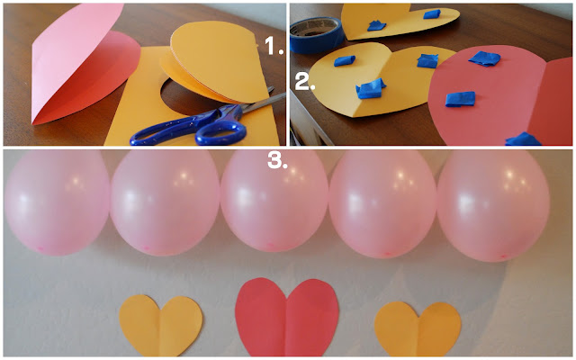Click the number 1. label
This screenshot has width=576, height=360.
[274, 47]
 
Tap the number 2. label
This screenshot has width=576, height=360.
[305, 81]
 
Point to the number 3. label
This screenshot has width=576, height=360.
[277, 160]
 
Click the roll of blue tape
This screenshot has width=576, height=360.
[316, 35]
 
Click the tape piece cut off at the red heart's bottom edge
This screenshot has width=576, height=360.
[523, 139]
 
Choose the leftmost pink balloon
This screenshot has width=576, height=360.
[57, 202]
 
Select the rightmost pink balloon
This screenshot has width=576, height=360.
[493, 206]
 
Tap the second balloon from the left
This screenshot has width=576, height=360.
[166, 202]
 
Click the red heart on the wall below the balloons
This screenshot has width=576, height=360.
[287, 318]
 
